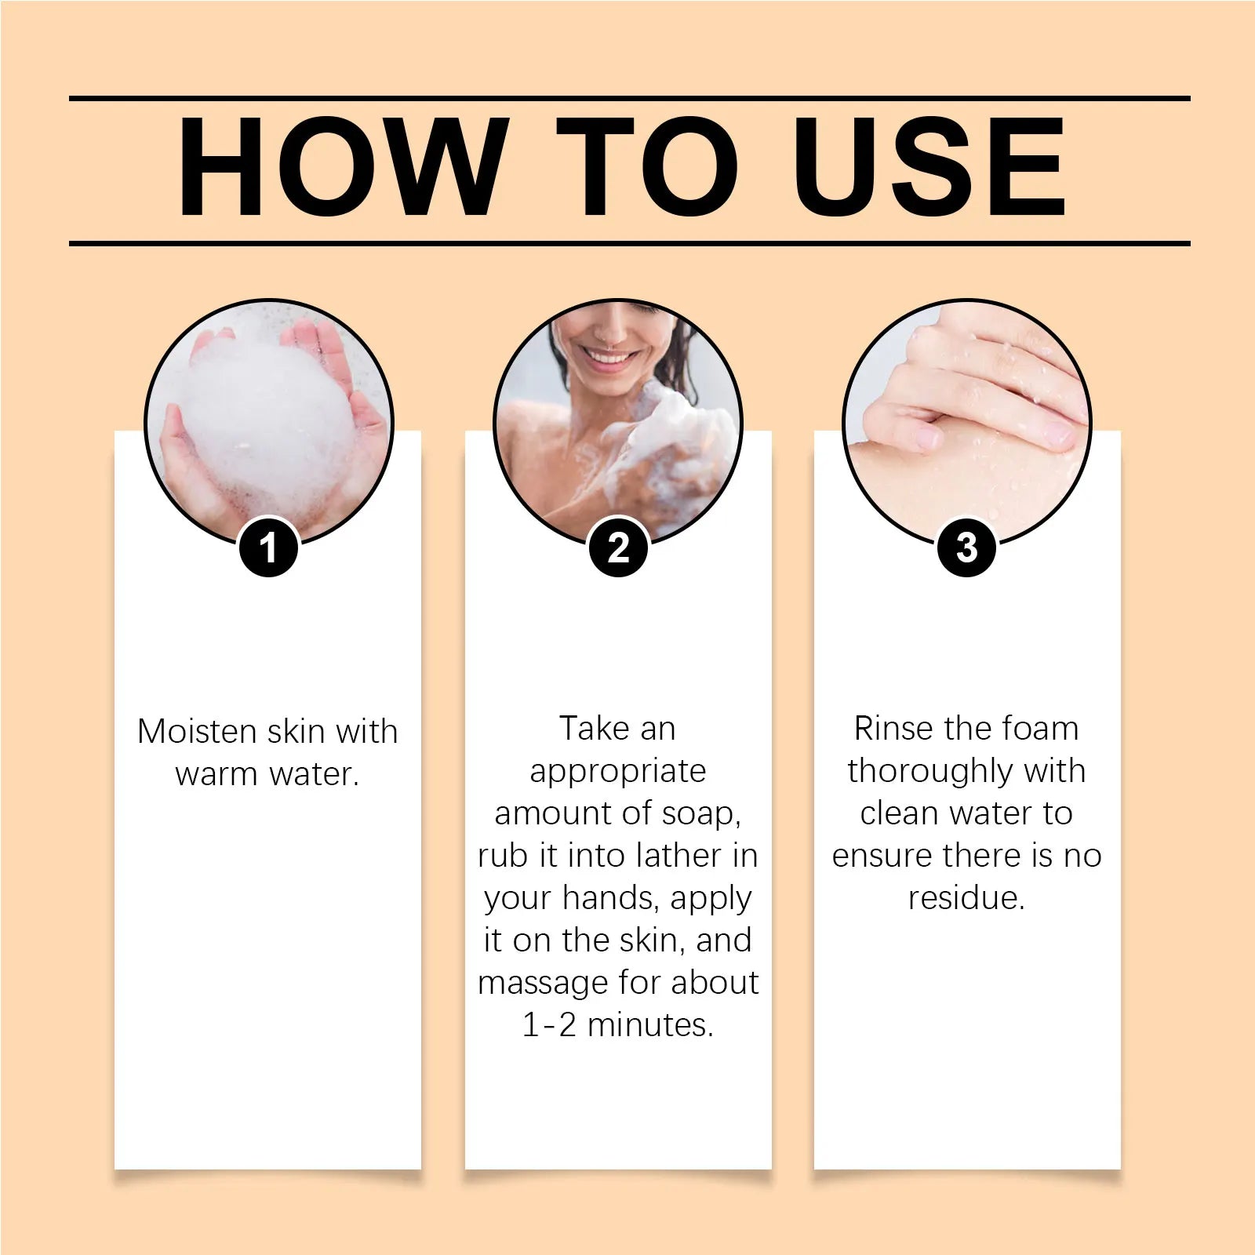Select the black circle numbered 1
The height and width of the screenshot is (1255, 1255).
click(x=268, y=547)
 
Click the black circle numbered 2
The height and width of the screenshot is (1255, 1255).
click(x=618, y=547)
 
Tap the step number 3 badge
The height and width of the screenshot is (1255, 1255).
click(x=966, y=547)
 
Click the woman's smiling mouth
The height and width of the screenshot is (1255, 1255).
click(x=609, y=359)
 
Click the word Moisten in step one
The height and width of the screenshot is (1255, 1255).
click(x=197, y=732)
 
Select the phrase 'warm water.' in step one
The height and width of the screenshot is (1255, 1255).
click(x=267, y=774)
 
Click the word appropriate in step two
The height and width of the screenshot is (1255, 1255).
click(x=618, y=772)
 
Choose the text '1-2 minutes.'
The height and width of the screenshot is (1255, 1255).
click(x=618, y=1024)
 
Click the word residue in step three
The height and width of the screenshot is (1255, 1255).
click(x=963, y=898)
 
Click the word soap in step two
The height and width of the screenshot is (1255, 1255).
click(x=697, y=813)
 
